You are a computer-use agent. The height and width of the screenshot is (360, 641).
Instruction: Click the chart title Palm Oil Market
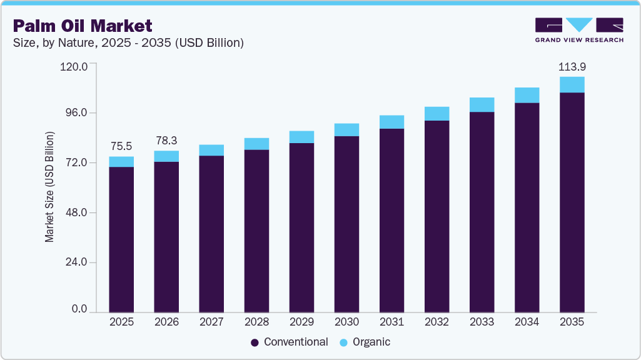[x=83, y=26]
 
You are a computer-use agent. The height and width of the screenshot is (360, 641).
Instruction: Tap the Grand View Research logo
[x=579, y=30]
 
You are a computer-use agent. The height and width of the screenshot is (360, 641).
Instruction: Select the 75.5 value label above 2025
[x=121, y=146]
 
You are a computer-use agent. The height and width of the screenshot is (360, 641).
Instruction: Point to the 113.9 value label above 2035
[x=572, y=66]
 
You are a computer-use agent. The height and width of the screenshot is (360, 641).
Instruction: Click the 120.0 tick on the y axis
[x=74, y=64]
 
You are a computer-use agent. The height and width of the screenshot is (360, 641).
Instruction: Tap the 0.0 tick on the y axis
[x=79, y=309]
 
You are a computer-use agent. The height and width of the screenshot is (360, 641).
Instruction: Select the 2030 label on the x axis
[x=346, y=322]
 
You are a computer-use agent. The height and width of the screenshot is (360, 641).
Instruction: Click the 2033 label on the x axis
[x=482, y=322]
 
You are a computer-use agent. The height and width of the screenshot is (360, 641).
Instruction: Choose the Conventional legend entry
[x=289, y=342]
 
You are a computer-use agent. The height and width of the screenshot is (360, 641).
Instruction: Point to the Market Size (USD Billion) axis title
[x=49, y=187]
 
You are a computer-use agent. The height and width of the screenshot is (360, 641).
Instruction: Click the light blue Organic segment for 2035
[x=572, y=84]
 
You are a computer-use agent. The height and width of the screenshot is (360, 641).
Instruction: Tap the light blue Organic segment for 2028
[x=256, y=144]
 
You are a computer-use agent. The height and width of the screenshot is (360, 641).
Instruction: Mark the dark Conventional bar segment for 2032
[x=437, y=216]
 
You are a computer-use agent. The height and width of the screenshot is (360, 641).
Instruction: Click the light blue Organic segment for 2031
[x=391, y=122]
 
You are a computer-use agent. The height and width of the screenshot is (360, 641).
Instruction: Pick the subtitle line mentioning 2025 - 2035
[x=128, y=43]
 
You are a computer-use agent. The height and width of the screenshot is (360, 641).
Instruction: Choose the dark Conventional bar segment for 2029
[x=301, y=227]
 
